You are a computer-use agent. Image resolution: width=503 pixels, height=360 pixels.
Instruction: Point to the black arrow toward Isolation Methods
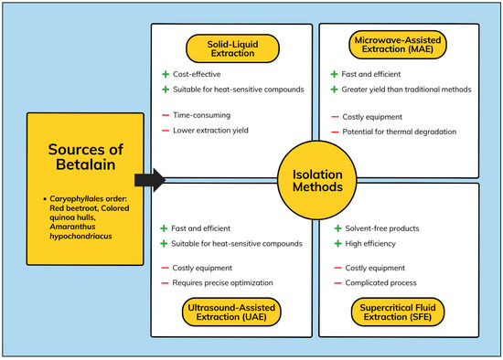tap(149, 179)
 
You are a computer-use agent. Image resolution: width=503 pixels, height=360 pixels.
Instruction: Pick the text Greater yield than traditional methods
tap(410, 90)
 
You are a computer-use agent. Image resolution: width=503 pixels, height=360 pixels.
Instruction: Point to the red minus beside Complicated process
tap(338, 284)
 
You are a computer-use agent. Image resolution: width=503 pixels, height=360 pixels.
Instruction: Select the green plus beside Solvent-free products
tap(338, 228)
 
